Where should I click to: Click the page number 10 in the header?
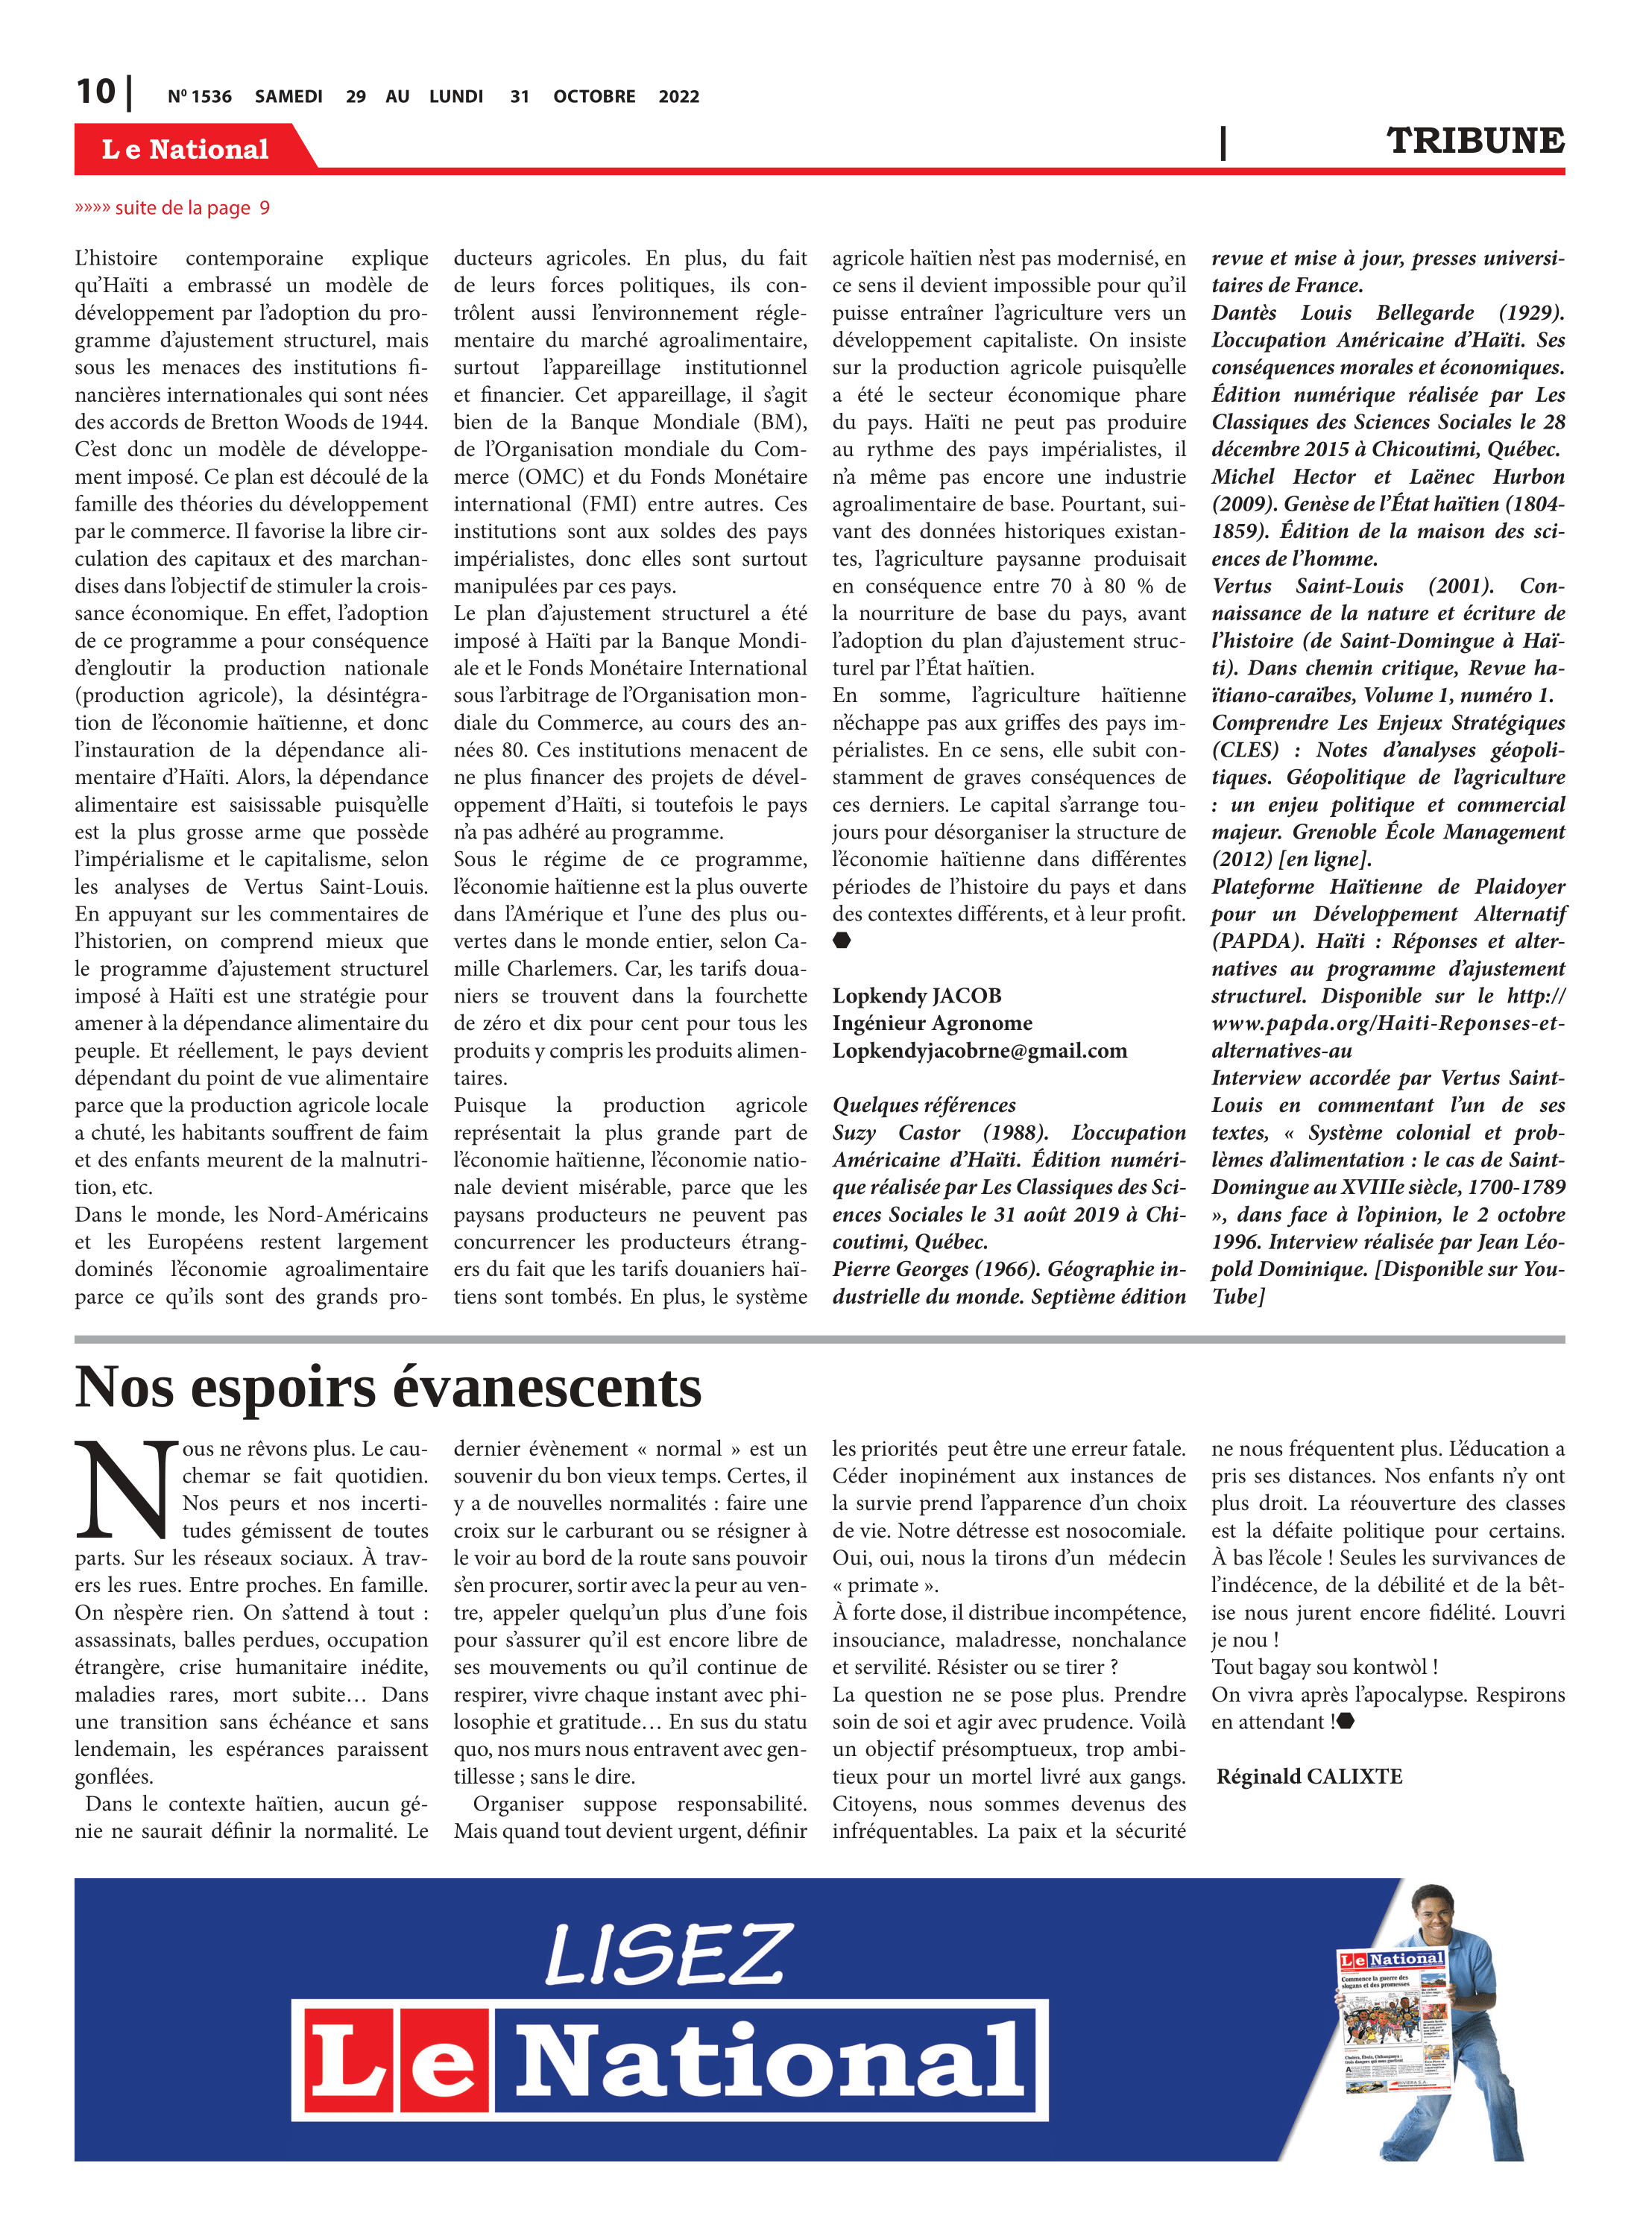(x=95, y=92)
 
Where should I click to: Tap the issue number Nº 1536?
(x=200, y=97)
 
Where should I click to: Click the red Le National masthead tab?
(x=186, y=149)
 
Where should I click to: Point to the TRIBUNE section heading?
(x=1475, y=141)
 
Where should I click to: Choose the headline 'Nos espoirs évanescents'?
(x=388, y=1388)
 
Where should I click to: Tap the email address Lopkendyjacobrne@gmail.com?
(x=979, y=1051)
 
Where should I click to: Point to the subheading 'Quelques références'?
(x=923, y=1105)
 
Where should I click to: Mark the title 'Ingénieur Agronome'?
(x=931, y=1023)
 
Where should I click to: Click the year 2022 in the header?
(x=678, y=97)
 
